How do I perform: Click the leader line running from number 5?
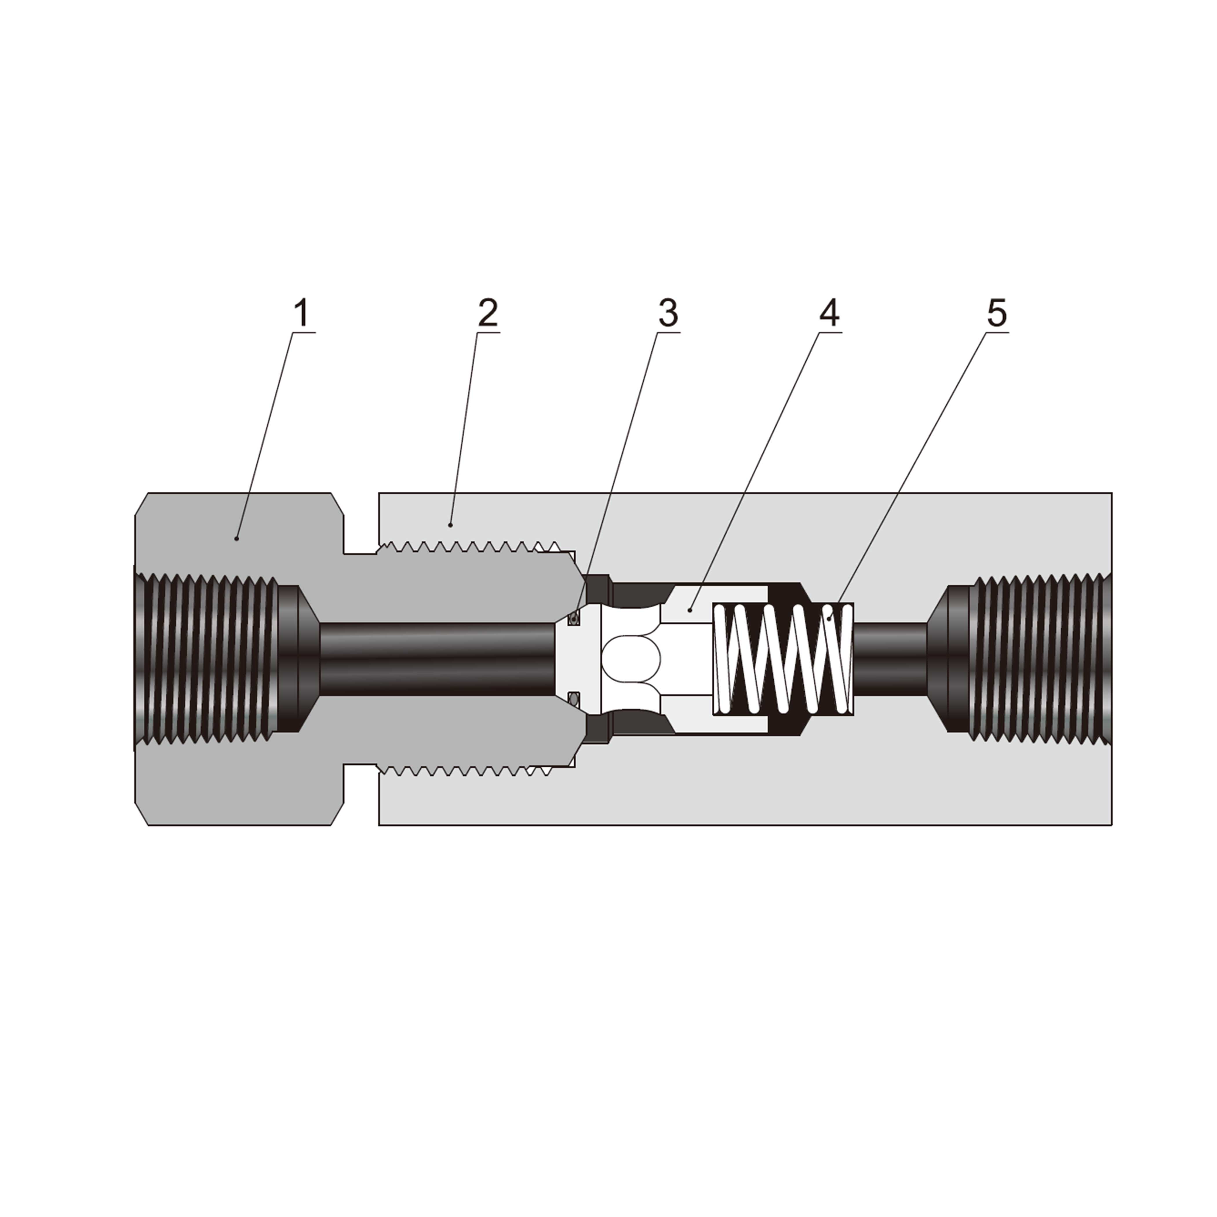(x=913, y=472)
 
